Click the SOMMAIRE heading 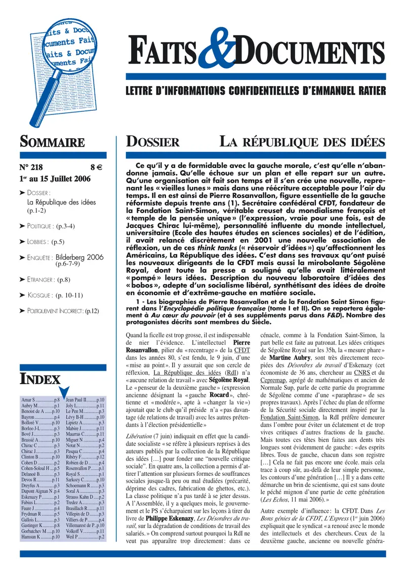tap(52, 142)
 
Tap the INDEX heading tap(40, 378)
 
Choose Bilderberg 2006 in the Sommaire tap(79, 257)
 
